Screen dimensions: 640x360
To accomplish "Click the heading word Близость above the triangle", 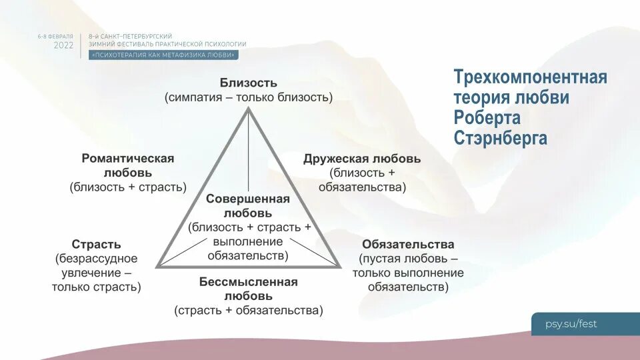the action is pyautogui.click(x=249, y=83).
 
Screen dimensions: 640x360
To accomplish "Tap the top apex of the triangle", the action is pyautogui.click(x=249, y=108).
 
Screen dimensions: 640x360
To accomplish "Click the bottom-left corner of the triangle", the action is pyautogui.click(x=158, y=267).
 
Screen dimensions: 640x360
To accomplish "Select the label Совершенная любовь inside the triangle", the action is pyautogui.click(x=248, y=206).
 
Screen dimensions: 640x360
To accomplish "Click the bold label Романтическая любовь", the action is pyautogui.click(x=128, y=165).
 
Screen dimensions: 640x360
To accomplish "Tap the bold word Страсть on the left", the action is pyautogui.click(x=97, y=244).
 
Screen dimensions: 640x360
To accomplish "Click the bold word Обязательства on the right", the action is pyautogui.click(x=408, y=244).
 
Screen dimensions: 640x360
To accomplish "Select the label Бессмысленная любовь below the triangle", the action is pyautogui.click(x=248, y=288).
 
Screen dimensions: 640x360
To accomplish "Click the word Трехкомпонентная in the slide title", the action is pyautogui.click(x=530, y=77).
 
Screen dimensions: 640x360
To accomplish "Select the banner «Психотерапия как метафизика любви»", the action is pyautogui.click(x=163, y=55).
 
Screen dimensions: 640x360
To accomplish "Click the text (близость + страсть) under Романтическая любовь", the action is pyautogui.click(x=128, y=187).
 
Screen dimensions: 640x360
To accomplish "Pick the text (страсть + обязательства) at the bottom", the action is pyautogui.click(x=249, y=310).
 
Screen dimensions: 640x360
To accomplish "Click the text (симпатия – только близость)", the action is pyautogui.click(x=249, y=97).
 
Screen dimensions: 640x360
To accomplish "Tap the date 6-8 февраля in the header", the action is pyautogui.click(x=55, y=35).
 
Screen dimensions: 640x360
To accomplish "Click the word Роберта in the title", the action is pyautogui.click(x=487, y=118).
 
